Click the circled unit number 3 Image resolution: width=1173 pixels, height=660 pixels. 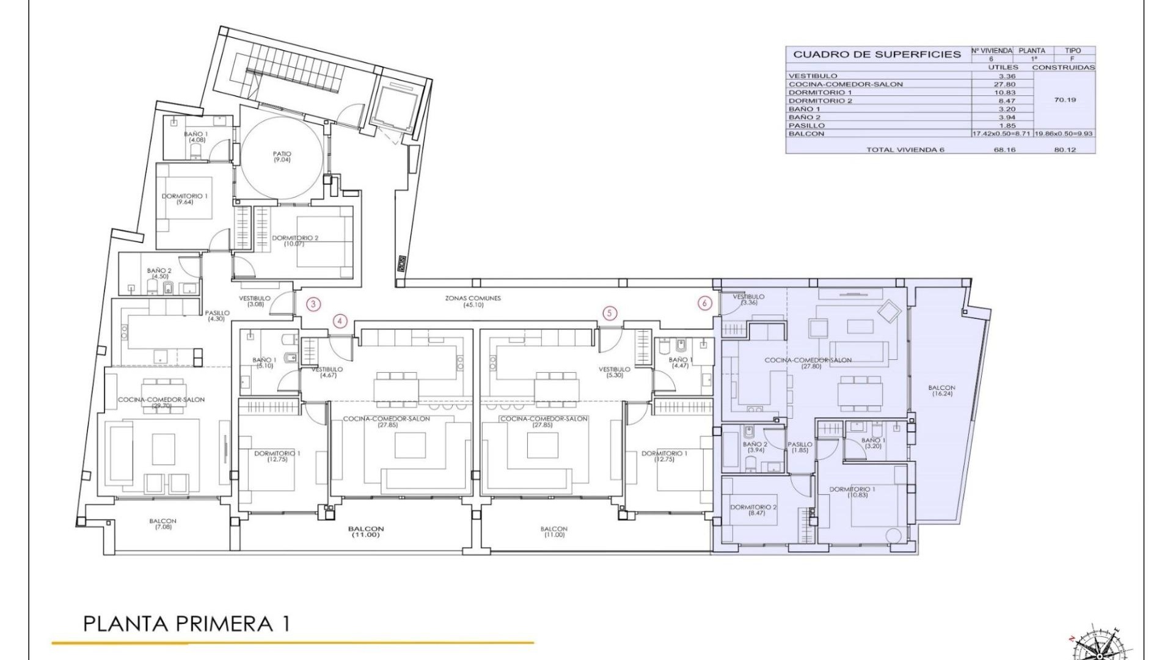click(313, 304)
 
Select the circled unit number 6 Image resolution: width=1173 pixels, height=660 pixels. click(706, 303)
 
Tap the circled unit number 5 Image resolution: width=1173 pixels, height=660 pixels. click(609, 313)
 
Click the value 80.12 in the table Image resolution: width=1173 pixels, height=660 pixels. click(1064, 150)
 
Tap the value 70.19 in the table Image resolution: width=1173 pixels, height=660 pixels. click(1064, 100)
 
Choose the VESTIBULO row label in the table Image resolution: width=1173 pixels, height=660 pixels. click(813, 76)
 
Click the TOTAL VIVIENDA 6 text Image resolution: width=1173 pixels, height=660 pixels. click(905, 150)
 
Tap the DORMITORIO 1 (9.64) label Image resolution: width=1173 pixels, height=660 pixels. click(185, 199)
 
